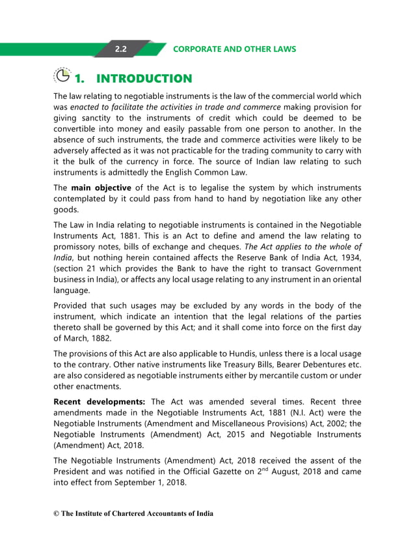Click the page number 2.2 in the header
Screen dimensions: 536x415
tap(120, 49)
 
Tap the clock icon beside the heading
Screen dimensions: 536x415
tap(61, 77)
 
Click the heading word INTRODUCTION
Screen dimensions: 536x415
tap(144, 79)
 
